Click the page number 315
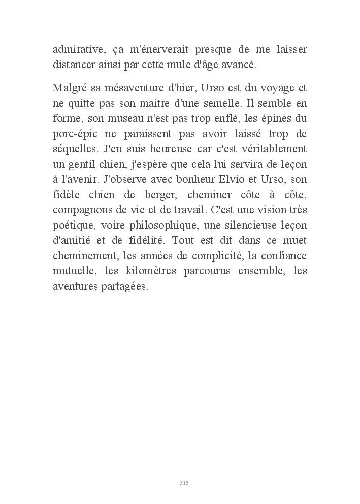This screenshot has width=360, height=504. click(x=184, y=483)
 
